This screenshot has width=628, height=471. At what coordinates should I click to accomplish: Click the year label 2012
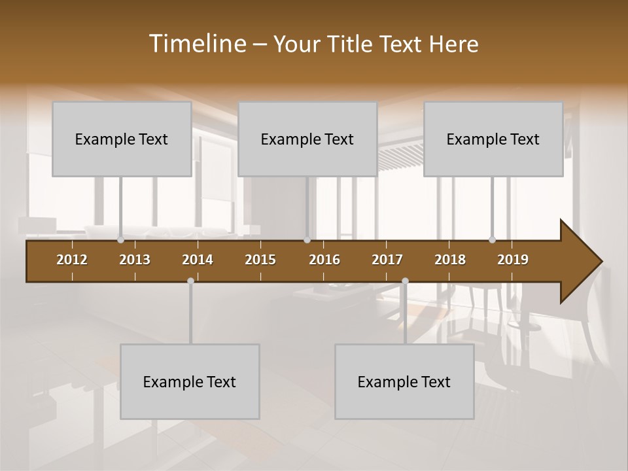pyautogui.click(x=72, y=260)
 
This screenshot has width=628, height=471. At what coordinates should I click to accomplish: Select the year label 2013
pyautogui.click(x=135, y=260)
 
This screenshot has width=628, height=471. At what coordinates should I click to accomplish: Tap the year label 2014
pyautogui.click(x=198, y=260)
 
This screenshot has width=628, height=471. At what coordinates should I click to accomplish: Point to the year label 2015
pyautogui.click(x=260, y=260)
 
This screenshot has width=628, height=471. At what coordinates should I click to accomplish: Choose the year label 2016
pyautogui.click(x=324, y=260)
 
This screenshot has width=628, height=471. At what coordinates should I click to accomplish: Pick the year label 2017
pyautogui.click(x=387, y=260)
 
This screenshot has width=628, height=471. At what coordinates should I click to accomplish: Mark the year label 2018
pyautogui.click(x=450, y=260)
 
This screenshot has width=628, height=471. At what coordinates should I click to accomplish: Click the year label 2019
pyautogui.click(x=513, y=260)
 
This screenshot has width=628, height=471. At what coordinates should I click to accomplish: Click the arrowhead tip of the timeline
pyautogui.click(x=601, y=262)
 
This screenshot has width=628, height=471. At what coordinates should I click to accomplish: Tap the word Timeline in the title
pyautogui.click(x=198, y=43)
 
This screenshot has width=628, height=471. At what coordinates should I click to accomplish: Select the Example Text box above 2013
pyautogui.click(x=122, y=139)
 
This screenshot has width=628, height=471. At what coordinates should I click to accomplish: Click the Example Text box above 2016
pyautogui.click(x=307, y=139)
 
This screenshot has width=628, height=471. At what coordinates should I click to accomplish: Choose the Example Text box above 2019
pyautogui.click(x=493, y=139)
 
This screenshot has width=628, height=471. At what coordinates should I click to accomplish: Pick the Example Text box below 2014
pyautogui.click(x=190, y=382)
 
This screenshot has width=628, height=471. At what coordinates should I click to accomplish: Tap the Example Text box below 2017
pyautogui.click(x=404, y=382)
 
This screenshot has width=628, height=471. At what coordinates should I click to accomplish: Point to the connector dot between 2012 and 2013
pyautogui.click(x=120, y=240)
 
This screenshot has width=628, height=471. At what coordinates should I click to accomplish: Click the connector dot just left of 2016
pyautogui.click(x=307, y=240)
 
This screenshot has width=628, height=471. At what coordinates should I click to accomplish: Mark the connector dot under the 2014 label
pyautogui.click(x=190, y=281)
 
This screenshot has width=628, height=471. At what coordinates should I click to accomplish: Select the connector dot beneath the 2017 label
pyautogui.click(x=405, y=281)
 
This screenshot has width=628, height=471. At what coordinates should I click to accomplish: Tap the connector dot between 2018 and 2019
pyautogui.click(x=492, y=240)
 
